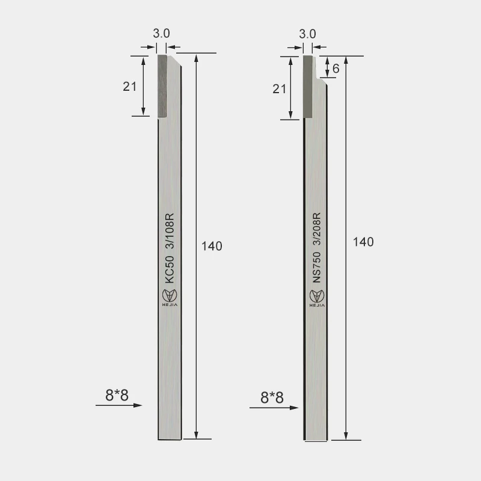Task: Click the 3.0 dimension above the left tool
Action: (x=161, y=34)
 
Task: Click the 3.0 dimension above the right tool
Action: (x=307, y=34)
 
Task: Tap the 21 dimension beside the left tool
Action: (x=129, y=86)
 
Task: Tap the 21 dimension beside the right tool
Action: (x=279, y=89)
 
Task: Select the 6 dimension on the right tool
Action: (x=335, y=69)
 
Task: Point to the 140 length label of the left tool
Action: (x=212, y=246)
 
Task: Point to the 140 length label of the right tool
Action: (x=363, y=242)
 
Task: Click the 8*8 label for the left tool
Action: (x=117, y=395)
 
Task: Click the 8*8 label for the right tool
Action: (x=272, y=397)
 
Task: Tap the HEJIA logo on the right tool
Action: (x=316, y=297)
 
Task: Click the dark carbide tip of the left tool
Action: (x=162, y=86)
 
